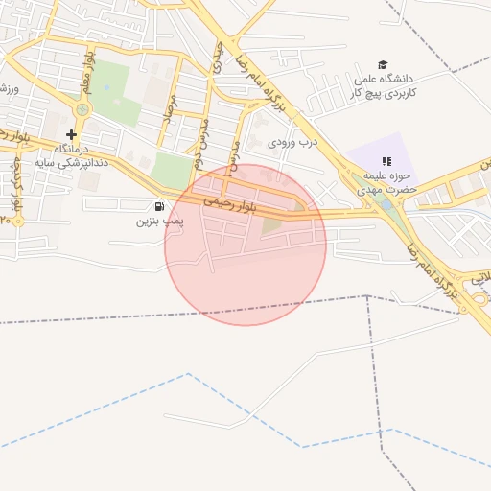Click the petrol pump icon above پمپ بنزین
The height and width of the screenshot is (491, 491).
(x=158, y=206)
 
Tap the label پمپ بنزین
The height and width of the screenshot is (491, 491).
(x=157, y=221)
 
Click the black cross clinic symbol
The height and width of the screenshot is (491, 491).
(x=71, y=135)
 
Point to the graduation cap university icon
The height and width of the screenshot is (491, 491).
(x=384, y=64)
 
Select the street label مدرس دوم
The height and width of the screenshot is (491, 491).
(x=202, y=134)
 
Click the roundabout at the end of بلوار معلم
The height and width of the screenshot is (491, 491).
(x=82, y=108)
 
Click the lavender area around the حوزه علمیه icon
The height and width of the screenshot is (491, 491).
(x=364, y=158)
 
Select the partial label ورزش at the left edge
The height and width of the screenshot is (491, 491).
(x=10, y=88)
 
